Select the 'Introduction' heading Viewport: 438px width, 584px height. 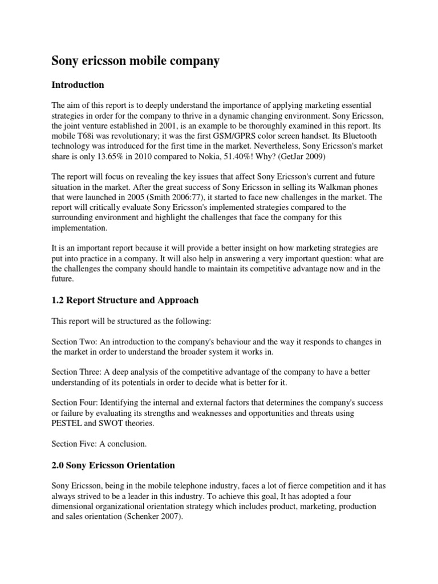coord(78,85)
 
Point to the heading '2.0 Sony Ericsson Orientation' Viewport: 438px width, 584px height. coord(113,466)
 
